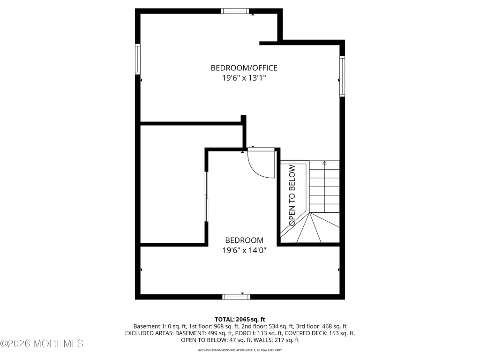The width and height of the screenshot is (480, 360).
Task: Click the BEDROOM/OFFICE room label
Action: tap(244, 67)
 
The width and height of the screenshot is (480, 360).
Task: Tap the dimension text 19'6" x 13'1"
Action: tap(244, 78)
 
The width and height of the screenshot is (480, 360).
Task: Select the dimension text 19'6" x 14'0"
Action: tap(244, 250)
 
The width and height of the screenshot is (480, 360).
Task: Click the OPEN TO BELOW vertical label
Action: tap(292, 195)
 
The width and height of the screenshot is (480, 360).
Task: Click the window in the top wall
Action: tap(235, 11)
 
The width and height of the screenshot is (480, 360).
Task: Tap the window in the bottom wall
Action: tap(236, 297)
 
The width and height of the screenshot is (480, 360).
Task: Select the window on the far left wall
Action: tap(138, 59)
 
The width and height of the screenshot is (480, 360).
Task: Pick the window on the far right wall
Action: tap(342, 76)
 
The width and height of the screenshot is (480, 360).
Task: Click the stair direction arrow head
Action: tap(324, 163)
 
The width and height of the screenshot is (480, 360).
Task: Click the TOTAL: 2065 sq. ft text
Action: tap(240, 320)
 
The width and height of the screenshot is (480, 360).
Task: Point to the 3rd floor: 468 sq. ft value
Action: tap(321, 326)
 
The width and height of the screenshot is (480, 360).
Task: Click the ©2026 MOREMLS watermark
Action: tap(42, 344)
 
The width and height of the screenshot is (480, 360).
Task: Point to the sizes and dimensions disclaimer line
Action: tap(240, 350)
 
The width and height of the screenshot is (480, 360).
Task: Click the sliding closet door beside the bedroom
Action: tap(206, 196)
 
